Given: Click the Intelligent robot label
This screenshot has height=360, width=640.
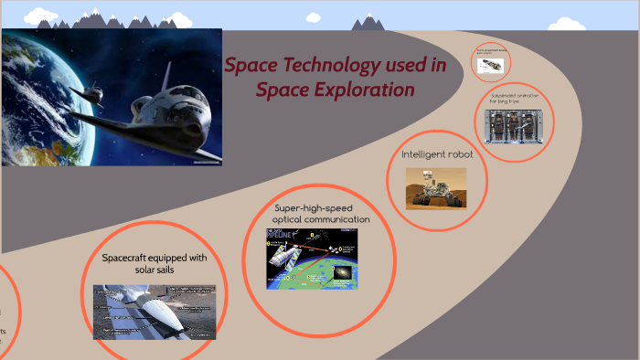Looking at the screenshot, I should (437, 154).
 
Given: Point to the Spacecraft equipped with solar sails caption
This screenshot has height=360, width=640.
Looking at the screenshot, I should (155, 264).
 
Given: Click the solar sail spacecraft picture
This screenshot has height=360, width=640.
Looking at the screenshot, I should (154, 311).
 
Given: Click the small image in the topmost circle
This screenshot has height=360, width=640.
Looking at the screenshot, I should (491, 64).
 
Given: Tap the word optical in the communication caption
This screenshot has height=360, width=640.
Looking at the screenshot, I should (295, 220).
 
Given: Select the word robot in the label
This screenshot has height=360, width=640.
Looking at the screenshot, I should (458, 154).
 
